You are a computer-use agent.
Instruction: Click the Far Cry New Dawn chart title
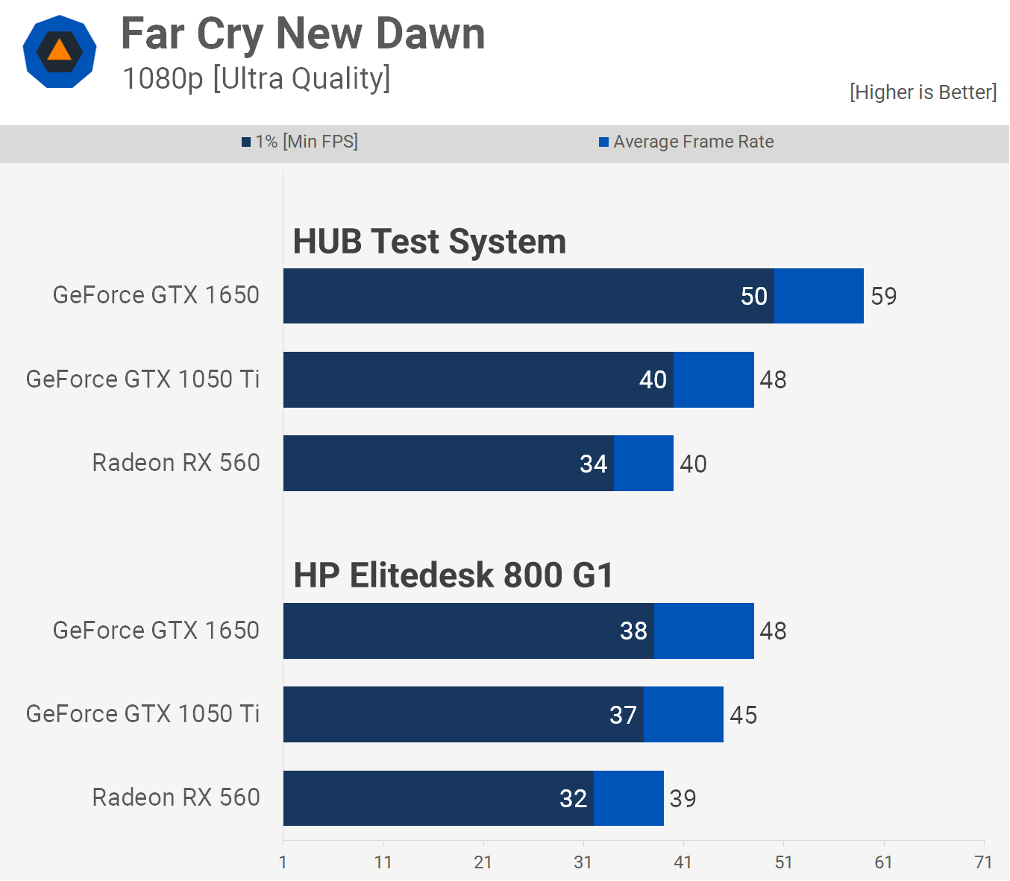303,34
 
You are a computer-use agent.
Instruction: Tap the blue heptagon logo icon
60,51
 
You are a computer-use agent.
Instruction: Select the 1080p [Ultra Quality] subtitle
256,78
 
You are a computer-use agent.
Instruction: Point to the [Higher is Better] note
923,92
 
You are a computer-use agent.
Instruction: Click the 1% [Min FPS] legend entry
300,142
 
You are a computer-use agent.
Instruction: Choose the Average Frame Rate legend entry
686,142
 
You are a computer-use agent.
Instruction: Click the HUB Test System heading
429,241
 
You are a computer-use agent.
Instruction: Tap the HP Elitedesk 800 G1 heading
453,575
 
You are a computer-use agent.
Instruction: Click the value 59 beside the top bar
883,297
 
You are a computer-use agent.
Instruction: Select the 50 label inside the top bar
753,297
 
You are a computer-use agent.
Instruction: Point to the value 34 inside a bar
593,464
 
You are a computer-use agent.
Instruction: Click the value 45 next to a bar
743,715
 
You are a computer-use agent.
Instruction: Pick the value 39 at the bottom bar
683,799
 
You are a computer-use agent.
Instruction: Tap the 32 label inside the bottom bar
573,799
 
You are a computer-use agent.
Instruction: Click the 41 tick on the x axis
683,862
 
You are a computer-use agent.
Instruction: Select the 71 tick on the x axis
983,862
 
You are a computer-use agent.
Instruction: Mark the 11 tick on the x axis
383,862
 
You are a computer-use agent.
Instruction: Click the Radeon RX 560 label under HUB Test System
176,463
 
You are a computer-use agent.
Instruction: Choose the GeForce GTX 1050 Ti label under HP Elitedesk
143,714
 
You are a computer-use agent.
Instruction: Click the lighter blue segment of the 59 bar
818,296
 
